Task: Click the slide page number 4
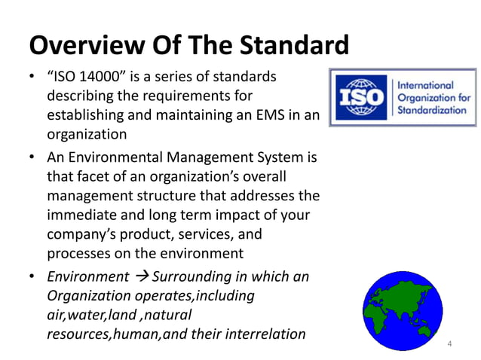pyautogui.click(x=450, y=345)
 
